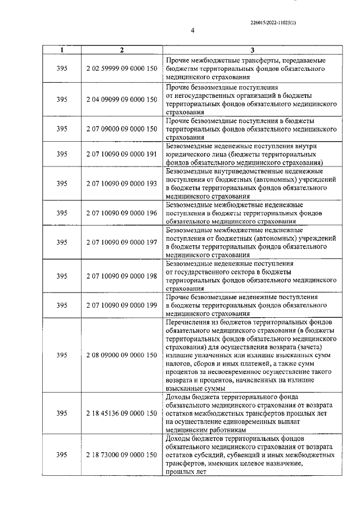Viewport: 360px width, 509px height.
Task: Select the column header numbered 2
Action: (x=122, y=50)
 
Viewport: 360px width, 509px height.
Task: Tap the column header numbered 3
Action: (x=252, y=50)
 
